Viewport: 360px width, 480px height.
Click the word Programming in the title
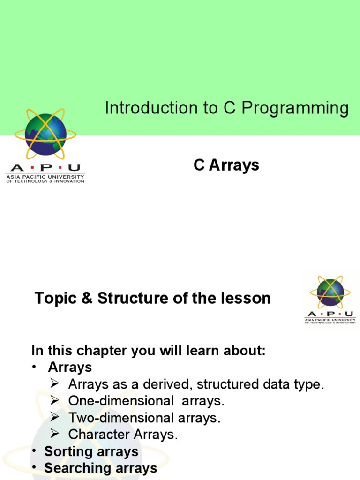pos(295,109)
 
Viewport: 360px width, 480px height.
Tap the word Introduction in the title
pos(151,108)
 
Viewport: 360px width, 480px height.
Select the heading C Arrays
pos(226,165)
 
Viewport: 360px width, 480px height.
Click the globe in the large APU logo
pos(45,135)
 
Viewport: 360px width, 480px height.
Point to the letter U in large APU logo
pos(74,168)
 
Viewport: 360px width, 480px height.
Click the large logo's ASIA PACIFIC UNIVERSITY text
pos(45,177)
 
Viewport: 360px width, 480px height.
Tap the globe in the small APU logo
pos(330,292)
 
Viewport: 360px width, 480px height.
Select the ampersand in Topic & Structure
pos(87,298)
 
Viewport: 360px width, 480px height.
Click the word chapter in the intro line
pos(102,351)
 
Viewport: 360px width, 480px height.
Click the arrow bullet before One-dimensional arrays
pos(55,400)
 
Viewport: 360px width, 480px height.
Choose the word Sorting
pos(68,451)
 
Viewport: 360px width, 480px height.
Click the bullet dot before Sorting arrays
pos(35,451)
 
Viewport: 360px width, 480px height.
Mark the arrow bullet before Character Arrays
pos(55,434)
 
